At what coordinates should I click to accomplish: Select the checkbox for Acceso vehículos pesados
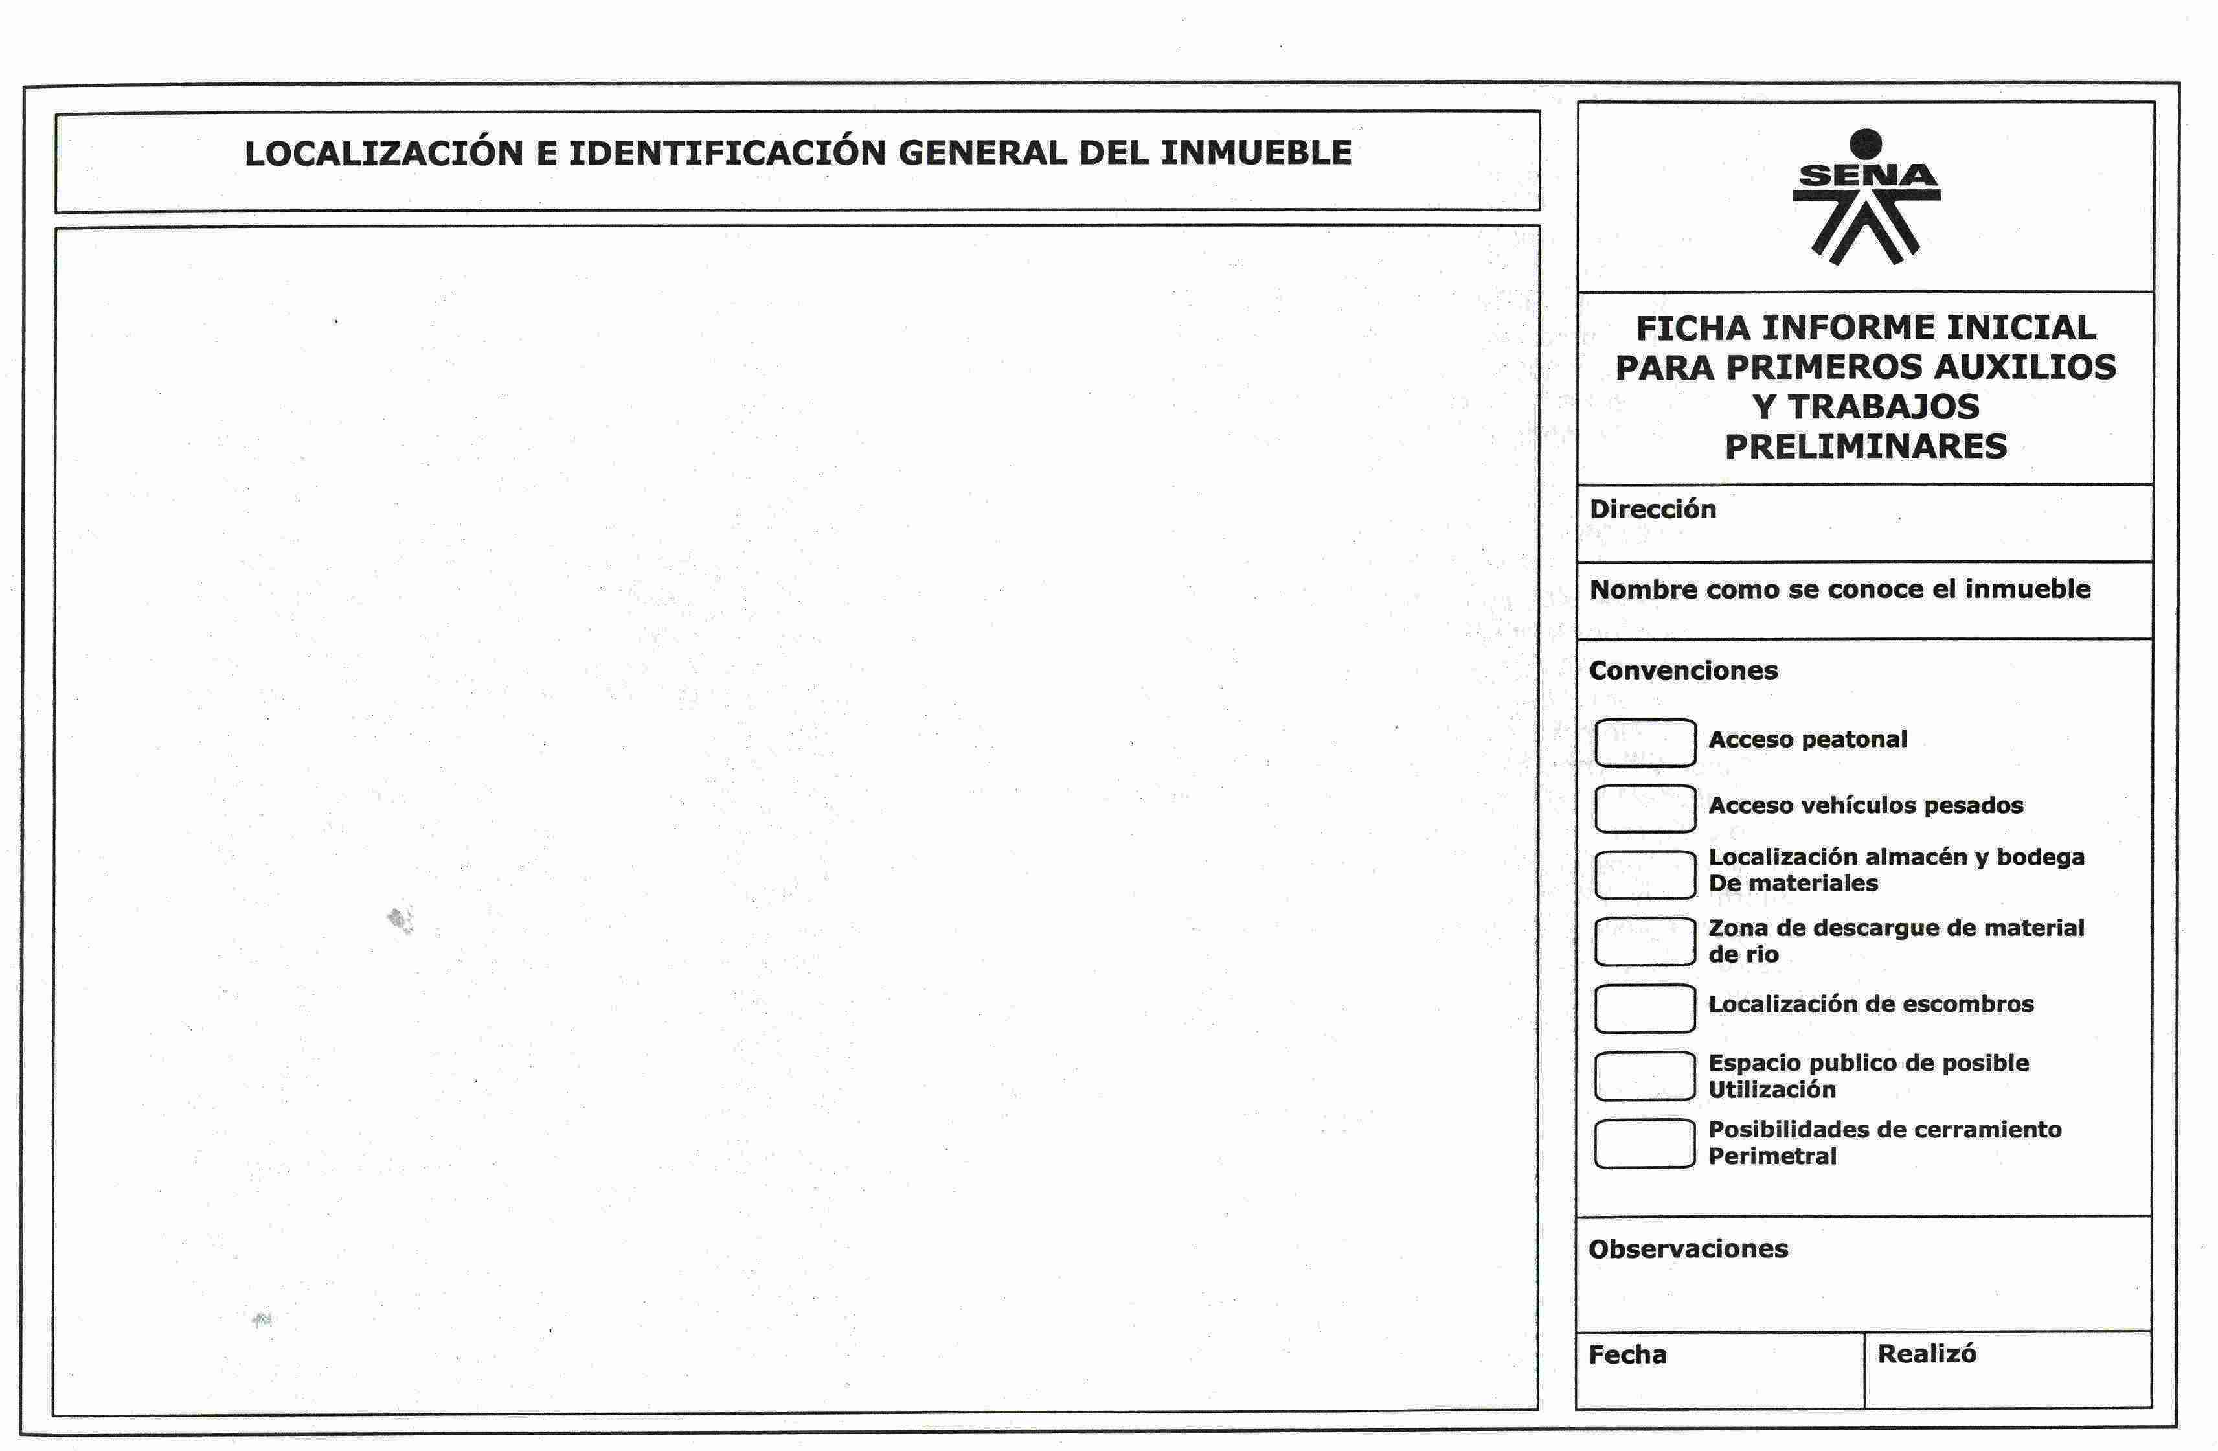click(x=1644, y=808)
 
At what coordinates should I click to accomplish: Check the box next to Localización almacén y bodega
click(x=1644, y=874)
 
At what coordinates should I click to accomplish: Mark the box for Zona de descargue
click(x=1644, y=941)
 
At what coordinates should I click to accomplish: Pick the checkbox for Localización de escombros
click(x=1644, y=1009)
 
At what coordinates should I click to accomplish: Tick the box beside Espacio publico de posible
click(x=1644, y=1075)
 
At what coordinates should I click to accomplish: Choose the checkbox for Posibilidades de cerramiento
click(x=1644, y=1143)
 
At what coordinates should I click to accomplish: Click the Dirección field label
click(x=1652, y=509)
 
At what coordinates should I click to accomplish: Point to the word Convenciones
click(x=1683, y=670)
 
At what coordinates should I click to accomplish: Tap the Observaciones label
click(x=1688, y=1249)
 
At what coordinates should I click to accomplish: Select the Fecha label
click(x=1627, y=1354)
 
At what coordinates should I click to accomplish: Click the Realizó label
click(x=1927, y=1353)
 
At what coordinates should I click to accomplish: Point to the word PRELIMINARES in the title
click(x=1866, y=446)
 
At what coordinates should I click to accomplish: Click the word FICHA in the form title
click(x=1692, y=328)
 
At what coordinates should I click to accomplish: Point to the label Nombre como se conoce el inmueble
click(x=1840, y=589)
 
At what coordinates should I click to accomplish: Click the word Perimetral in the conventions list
click(x=1772, y=1156)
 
